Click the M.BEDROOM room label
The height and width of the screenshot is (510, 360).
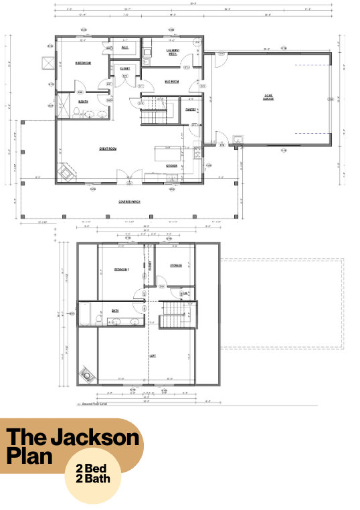(83, 63)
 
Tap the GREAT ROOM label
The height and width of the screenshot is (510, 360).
(108, 149)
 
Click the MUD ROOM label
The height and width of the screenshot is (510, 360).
(172, 82)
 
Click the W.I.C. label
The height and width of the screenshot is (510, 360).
(125, 48)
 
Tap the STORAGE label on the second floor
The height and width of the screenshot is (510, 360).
(176, 266)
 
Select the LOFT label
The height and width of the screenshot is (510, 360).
(153, 355)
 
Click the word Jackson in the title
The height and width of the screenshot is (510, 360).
(93, 438)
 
